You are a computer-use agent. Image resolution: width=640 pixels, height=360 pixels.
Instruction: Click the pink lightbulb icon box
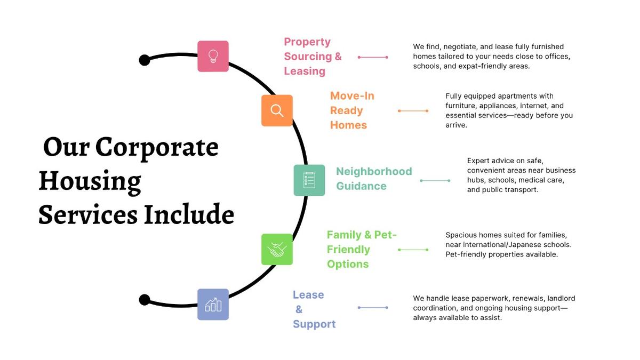[x=213, y=56]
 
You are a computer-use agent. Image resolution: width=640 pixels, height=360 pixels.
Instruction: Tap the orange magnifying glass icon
[x=277, y=110]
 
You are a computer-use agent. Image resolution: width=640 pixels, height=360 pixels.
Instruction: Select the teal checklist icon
[x=309, y=180]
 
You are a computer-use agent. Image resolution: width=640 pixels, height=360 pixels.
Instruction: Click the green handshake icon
[x=277, y=249]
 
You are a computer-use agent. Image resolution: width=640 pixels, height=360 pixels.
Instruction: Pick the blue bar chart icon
[x=213, y=305]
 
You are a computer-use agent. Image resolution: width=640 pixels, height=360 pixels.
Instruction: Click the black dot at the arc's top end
[x=144, y=60]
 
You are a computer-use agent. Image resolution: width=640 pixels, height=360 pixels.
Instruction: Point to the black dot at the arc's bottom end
[x=144, y=300]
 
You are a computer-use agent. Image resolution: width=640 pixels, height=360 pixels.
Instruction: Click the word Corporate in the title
[x=157, y=147]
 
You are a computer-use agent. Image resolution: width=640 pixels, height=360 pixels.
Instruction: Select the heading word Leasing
[x=305, y=71]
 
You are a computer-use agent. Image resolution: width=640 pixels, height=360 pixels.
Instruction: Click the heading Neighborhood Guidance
[x=373, y=179]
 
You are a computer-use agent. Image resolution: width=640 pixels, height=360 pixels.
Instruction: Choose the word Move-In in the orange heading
[x=352, y=96]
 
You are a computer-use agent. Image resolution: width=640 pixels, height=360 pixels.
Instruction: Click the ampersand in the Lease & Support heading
[x=299, y=309]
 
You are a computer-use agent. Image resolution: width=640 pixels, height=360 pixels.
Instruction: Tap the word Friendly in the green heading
[x=348, y=250]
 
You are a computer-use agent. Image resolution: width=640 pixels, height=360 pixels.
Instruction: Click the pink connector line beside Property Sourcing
[x=373, y=57]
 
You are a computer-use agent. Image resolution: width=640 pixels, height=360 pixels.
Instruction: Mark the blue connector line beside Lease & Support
[x=373, y=307]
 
